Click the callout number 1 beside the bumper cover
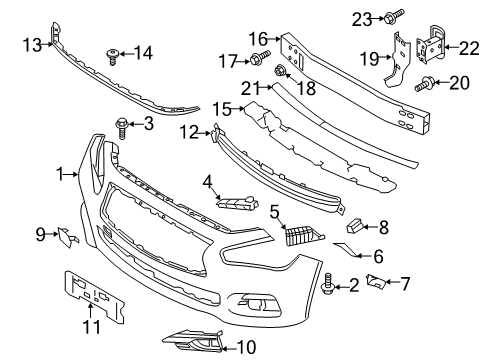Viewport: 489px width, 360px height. coord(62,173)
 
